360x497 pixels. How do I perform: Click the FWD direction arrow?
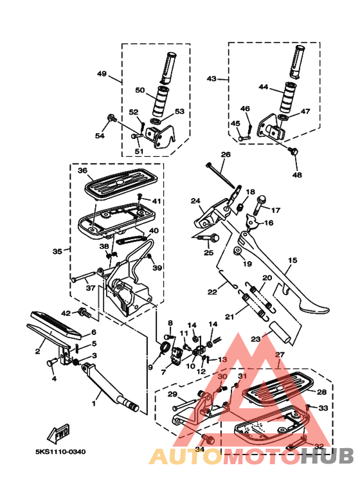59,433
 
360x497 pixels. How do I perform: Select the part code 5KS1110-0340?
60,451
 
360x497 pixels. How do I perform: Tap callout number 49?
102,73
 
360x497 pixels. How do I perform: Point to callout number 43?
212,78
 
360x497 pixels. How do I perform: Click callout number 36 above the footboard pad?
82,170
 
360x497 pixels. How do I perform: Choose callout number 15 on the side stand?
292,260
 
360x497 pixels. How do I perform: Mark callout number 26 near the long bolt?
226,155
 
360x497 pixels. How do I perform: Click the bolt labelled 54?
112,118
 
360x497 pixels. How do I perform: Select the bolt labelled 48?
292,151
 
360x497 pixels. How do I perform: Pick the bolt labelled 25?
209,237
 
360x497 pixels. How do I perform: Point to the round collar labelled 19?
238,251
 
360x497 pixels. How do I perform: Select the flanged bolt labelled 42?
84,312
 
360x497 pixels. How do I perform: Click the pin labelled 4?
51,363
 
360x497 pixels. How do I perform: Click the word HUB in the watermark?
327,456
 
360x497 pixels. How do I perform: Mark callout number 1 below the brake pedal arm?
93,404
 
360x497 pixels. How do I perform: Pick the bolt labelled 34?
208,440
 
